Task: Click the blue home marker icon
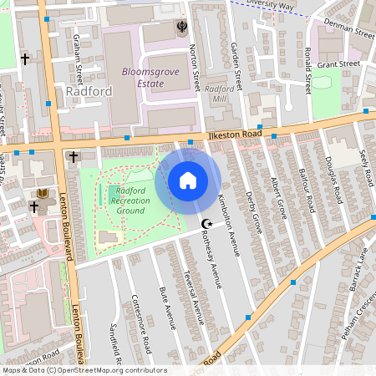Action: tap(188, 180)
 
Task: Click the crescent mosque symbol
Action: tap(207, 223)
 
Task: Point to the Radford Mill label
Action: tap(220, 93)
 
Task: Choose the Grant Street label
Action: tap(338, 64)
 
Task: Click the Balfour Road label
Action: tap(308, 191)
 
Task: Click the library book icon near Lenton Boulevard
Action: tap(42, 194)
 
